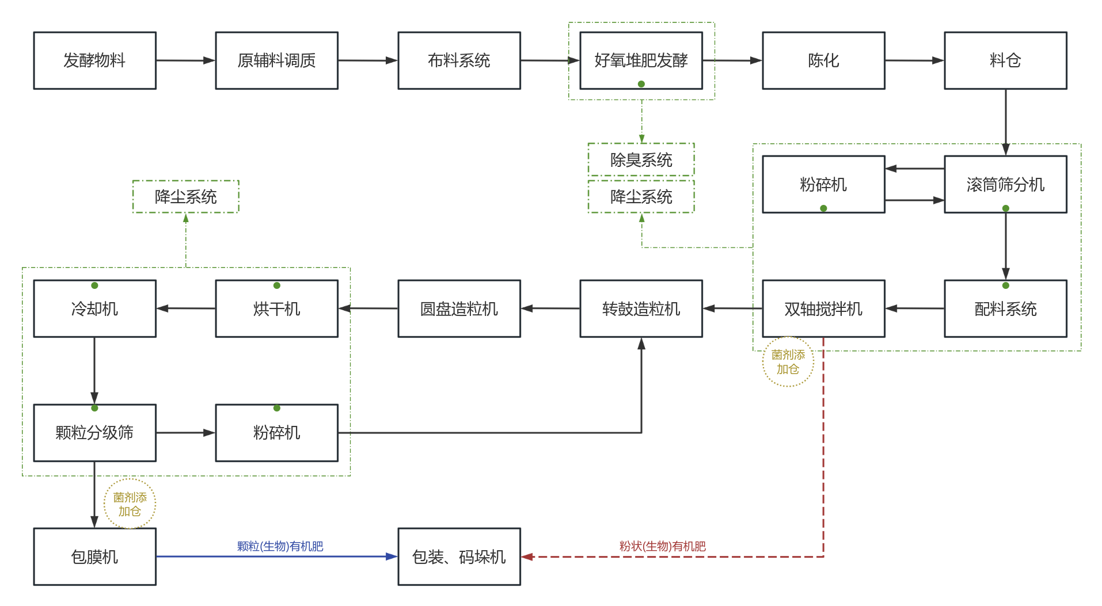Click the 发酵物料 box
(x=94, y=60)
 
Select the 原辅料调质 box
(x=276, y=60)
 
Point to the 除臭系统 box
(x=641, y=159)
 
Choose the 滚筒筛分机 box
(x=1005, y=184)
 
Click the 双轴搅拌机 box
(x=823, y=308)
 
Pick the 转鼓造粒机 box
(x=641, y=308)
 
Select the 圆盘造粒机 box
(x=459, y=308)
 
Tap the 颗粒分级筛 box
(x=94, y=433)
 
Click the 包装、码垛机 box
(x=459, y=557)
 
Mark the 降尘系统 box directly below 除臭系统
(x=641, y=197)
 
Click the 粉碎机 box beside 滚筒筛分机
(x=823, y=184)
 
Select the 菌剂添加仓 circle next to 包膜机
(x=130, y=504)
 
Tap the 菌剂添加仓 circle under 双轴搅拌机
(x=788, y=361)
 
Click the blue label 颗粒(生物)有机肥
(x=280, y=546)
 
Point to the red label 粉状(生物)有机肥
(x=662, y=546)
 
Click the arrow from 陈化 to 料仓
(x=914, y=60)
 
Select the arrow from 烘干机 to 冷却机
(x=185, y=308)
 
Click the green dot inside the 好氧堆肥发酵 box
(x=641, y=84)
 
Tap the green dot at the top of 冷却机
(x=94, y=285)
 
